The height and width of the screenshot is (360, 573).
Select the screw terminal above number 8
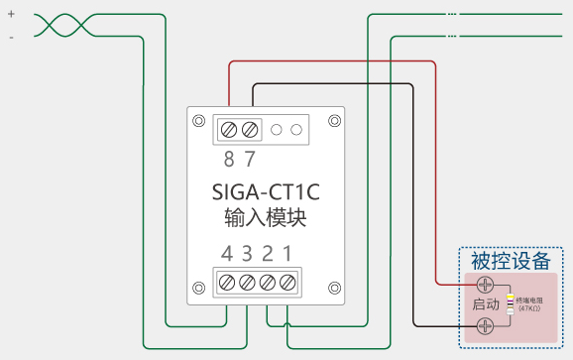pos(229,130)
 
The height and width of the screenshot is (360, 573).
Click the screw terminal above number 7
pos(249,130)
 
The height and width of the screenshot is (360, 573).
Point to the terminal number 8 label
pos(229,158)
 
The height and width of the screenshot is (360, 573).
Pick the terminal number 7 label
pos(250,158)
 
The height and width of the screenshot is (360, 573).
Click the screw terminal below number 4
pos(227,283)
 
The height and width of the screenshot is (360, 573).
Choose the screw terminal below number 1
pos(287,283)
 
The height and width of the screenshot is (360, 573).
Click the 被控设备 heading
pos(511,262)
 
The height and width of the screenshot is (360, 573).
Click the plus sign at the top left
pos(11,14)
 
